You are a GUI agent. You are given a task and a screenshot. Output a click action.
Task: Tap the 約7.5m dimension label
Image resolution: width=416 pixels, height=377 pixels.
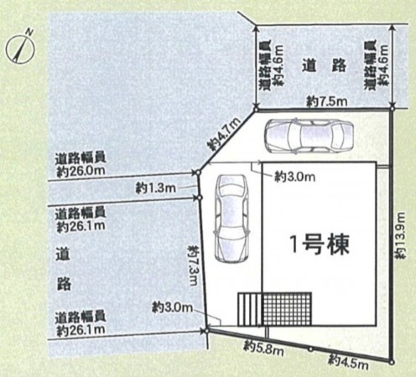pyautogui.click(x=323, y=101)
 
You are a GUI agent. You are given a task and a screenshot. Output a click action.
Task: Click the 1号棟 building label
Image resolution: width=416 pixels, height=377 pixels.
pyautogui.click(x=320, y=245)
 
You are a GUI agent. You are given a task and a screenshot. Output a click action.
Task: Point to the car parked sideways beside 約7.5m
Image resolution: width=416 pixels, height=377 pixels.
pyautogui.click(x=305, y=135)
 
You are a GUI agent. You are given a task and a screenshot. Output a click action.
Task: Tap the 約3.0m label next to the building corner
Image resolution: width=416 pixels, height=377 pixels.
pyautogui.click(x=294, y=177)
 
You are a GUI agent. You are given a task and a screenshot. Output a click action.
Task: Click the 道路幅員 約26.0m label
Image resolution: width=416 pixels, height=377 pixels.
pyautogui.click(x=81, y=164)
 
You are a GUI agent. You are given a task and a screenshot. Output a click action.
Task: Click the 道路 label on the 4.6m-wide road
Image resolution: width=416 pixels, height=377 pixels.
pyautogui.click(x=323, y=65)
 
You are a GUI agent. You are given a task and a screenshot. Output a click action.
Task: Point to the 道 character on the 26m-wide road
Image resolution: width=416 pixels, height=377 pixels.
pyautogui.click(x=62, y=252)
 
